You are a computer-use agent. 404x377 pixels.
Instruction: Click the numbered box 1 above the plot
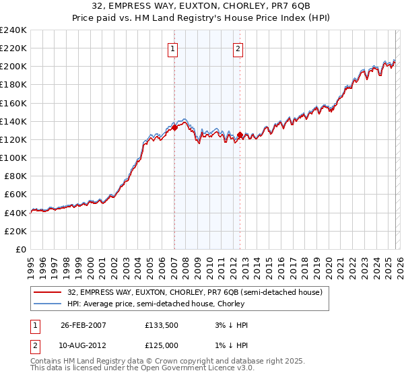173,48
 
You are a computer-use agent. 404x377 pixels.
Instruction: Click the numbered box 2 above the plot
238,48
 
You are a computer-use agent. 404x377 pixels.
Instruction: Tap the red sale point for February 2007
174,127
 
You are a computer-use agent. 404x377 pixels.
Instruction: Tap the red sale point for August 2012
240,135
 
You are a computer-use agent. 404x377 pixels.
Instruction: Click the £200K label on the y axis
13,67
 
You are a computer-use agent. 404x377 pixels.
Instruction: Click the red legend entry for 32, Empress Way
195,292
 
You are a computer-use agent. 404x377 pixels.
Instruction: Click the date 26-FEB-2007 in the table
83,325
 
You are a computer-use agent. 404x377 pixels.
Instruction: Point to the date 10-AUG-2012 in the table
83,345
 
